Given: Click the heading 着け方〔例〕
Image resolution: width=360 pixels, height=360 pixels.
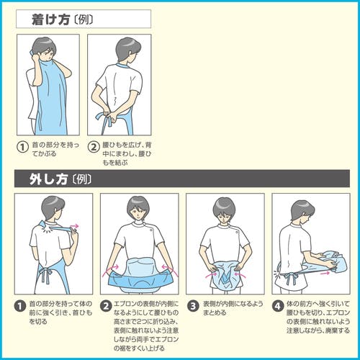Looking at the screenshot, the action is coord(62,19).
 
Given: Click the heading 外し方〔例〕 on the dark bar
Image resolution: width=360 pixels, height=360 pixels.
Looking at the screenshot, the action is coord(60,179).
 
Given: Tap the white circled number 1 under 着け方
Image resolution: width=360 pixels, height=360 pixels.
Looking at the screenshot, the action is coord(22,147).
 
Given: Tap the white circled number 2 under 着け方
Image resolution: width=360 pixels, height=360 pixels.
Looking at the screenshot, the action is coord(94,147).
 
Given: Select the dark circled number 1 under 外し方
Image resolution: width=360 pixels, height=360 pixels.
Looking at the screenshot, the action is coord(20,306).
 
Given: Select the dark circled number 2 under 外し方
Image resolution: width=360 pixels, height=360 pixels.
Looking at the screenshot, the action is coord(106,306).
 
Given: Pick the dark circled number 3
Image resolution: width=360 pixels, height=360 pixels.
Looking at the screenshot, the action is coord(193,306).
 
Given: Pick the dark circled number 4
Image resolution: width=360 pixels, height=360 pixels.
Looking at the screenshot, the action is coord(278,306).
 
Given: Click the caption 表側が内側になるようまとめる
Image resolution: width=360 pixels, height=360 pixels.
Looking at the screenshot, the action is coord(233,308).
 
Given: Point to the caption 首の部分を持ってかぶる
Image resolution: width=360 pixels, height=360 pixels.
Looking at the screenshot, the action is coord(55,149).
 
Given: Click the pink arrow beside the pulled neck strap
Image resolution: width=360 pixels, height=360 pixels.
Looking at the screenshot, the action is coord(74,226).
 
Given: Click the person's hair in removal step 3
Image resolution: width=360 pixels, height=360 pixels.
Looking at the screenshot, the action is coord(224,207).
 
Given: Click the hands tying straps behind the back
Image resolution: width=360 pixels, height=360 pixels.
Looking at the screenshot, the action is coord(111,115).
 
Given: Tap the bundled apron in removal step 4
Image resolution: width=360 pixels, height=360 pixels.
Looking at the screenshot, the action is coord(329,261).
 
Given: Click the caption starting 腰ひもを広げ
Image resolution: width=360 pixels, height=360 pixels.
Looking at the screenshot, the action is coord(127,153).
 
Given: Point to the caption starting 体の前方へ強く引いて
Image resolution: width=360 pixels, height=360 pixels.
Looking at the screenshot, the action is coord(318,317).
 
